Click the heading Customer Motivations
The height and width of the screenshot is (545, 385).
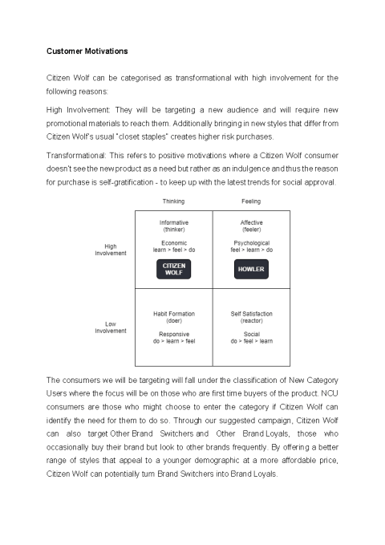87,51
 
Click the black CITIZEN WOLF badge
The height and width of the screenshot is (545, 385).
174,269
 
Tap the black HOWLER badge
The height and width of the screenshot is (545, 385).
251,270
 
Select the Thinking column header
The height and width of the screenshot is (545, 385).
174,201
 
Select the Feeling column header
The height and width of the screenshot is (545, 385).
251,201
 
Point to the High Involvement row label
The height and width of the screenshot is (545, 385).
111,250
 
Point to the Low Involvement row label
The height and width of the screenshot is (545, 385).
111,327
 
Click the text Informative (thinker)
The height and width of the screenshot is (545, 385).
174,226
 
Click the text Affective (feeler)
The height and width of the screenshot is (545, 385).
251,226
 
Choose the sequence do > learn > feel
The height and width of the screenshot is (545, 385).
174,341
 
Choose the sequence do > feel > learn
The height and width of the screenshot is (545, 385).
251,341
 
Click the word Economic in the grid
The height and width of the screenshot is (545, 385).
174,242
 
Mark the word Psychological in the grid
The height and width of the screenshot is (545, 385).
251,242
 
